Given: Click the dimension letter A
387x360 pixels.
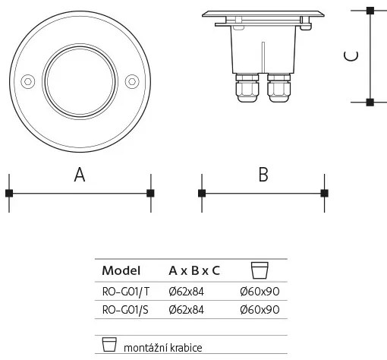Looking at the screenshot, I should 79,175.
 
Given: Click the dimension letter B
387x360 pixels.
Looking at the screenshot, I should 263,175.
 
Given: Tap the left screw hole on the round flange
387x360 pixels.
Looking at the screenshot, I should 27,80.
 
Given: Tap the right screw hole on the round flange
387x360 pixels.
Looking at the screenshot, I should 131,80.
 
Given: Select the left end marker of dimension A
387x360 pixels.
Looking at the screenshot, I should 9,193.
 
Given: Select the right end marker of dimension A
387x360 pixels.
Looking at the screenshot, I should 150,193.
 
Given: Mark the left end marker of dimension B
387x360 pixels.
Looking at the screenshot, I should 201,193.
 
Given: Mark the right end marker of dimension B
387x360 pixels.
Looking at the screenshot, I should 325,193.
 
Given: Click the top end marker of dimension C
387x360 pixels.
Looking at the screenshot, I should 370,11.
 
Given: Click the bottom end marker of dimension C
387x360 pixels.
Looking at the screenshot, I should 370,102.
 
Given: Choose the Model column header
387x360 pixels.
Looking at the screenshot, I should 121,270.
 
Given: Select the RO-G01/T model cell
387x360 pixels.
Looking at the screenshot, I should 126,290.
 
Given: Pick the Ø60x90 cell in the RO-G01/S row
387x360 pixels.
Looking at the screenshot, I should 260,309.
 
